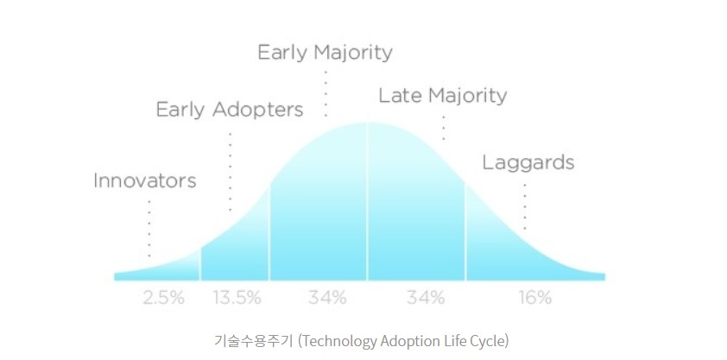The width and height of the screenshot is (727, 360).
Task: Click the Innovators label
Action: tap(145, 180)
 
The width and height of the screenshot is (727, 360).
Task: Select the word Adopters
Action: tap(258, 111)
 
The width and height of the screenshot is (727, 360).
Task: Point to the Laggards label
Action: tap(528, 163)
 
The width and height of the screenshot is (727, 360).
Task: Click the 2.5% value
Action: tap(164, 298)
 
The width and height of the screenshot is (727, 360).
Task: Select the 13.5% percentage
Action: tap(237, 298)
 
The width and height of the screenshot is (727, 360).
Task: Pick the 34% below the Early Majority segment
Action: tap(327, 298)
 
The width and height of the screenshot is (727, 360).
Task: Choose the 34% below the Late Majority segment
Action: tap(426, 298)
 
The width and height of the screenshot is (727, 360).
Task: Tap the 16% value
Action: tap(535, 298)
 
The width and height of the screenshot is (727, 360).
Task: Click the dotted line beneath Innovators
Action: tap(149, 229)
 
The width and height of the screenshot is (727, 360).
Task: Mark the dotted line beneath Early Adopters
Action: tap(230, 173)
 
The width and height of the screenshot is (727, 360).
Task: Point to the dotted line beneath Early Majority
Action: tap(326, 93)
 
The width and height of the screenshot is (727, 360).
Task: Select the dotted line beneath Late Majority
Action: tap(444, 128)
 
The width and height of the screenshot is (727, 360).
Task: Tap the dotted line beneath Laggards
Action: tap(525, 206)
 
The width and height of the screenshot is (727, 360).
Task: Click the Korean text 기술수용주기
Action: tap(253, 342)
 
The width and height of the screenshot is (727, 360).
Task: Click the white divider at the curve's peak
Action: tap(367, 201)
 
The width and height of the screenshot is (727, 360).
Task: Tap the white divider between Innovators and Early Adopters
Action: tap(200, 264)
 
